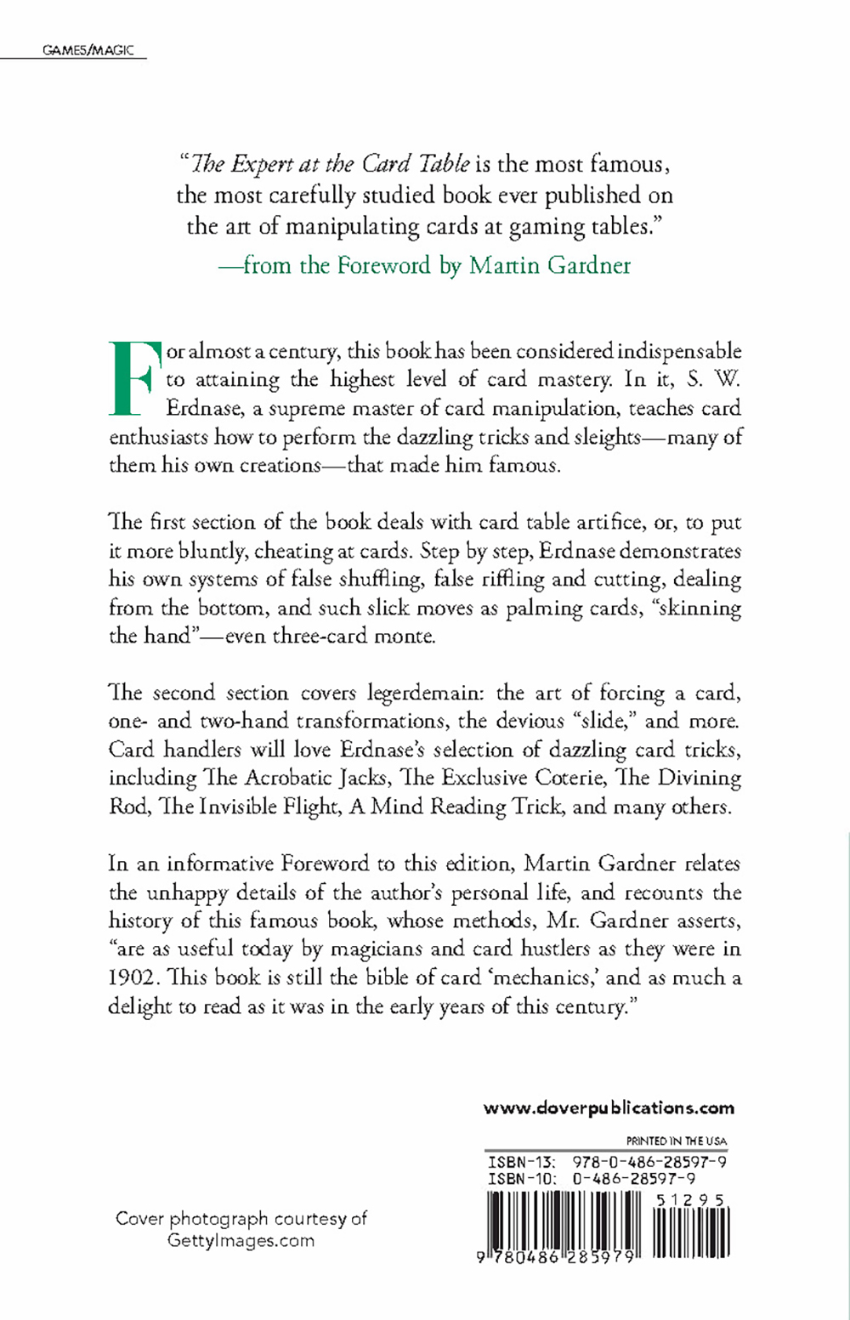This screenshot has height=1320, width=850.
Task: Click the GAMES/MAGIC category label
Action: (88, 51)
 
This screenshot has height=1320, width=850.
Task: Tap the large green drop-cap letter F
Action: (134, 378)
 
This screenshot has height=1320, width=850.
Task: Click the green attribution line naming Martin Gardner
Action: (424, 265)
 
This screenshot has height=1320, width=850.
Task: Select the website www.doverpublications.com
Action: (609, 1108)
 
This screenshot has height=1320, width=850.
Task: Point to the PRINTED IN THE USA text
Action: (677, 1141)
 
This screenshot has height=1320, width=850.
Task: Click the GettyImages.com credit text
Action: (241, 1240)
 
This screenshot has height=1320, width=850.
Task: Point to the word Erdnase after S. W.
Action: (203, 408)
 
